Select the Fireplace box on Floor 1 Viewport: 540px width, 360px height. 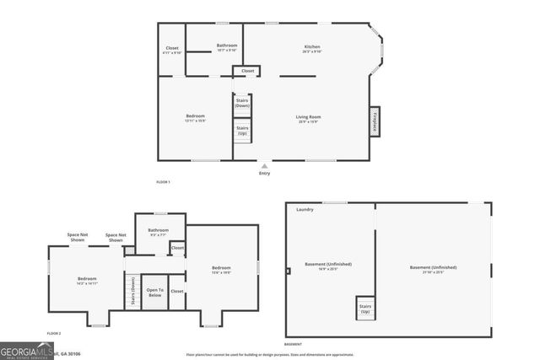(375, 122)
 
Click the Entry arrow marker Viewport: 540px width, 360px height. (264, 166)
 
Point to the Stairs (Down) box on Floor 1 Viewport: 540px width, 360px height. (242, 104)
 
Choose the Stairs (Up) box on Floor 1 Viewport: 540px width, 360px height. (242, 132)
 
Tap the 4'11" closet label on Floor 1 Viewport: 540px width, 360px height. (171, 49)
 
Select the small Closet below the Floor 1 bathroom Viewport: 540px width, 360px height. (247, 71)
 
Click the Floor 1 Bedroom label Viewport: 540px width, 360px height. (196, 117)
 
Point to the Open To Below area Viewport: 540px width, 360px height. (154, 293)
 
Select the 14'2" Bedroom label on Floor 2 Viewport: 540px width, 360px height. (88, 281)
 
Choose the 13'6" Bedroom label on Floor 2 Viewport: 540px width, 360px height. (221, 270)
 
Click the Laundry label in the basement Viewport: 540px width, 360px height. (305, 209)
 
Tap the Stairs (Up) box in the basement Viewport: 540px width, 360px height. (365, 309)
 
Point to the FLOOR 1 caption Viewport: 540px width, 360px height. (163, 182)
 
